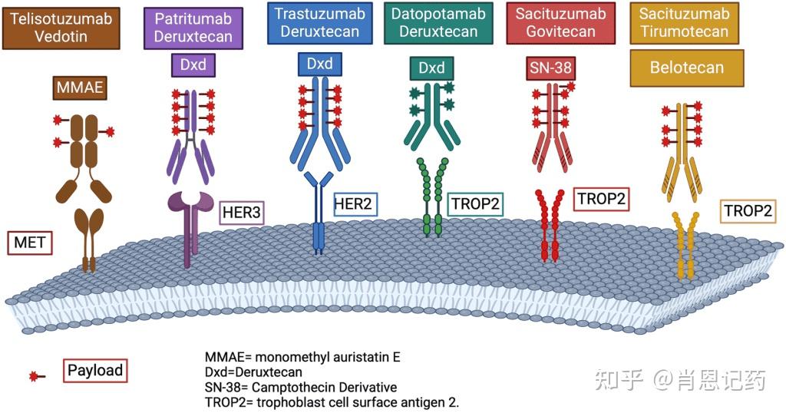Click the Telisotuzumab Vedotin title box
61,28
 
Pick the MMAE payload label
80,88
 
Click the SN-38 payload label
550,68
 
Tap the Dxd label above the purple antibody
193,65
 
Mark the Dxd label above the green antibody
431,68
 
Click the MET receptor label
31,245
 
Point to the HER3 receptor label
241,213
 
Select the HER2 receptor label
355,203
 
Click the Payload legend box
94,370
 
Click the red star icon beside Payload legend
35,376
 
